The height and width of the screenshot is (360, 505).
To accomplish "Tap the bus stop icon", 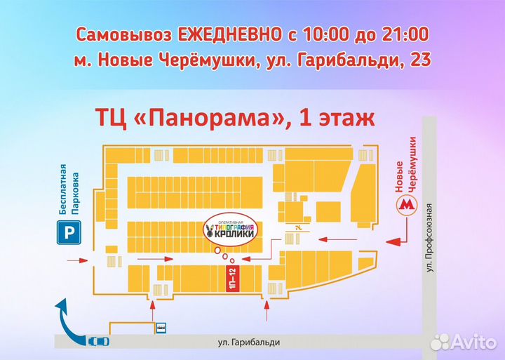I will (x=161, y=326).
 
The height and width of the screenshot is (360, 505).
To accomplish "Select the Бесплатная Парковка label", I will (x=68, y=189).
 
